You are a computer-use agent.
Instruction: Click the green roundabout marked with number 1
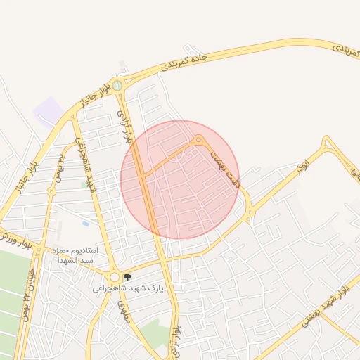point(117,86)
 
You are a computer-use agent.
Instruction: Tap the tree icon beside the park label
point(127,278)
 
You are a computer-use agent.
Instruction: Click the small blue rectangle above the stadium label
point(85,224)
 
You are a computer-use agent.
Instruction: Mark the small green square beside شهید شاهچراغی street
point(85,184)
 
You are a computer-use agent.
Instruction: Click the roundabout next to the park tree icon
point(115,277)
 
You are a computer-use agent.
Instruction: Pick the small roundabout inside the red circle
point(200,140)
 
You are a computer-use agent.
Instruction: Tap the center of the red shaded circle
point(180,179)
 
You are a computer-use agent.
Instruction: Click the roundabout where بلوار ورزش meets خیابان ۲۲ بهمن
point(51,191)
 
